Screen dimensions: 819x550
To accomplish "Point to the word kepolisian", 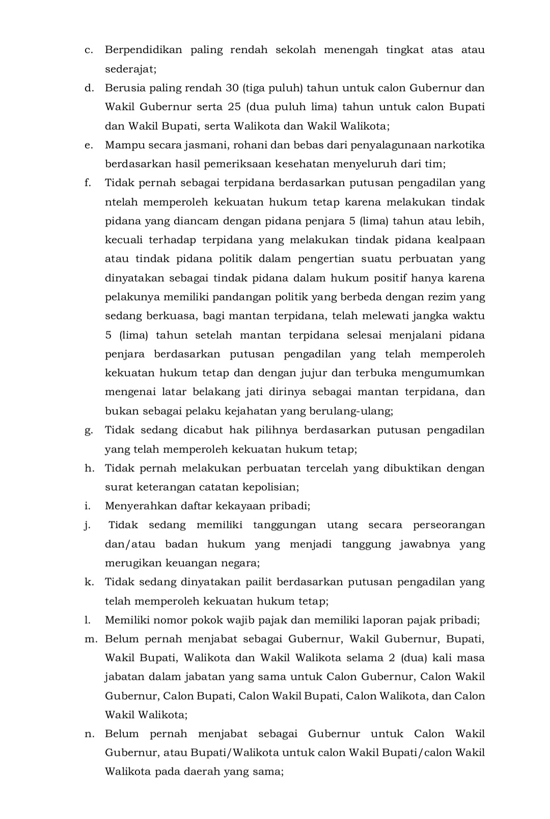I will (272, 487).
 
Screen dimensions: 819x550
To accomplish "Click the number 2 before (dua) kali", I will (391, 658).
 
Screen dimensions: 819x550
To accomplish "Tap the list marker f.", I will (88, 183).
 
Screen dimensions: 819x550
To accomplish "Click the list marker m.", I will (90, 639).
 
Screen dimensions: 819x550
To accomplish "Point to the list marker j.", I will (88, 525).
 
